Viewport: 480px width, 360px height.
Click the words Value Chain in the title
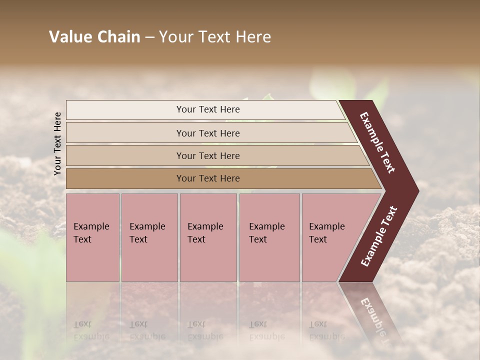pos(94,37)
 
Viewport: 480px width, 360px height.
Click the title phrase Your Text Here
pos(215,37)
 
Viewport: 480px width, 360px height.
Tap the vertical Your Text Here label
pos(58,143)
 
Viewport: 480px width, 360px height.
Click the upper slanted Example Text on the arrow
pos(378,143)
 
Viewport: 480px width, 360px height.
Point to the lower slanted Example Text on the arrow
pos(378,236)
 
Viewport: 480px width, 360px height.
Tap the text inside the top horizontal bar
pos(208,109)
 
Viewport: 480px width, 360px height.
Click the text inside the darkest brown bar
pos(208,178)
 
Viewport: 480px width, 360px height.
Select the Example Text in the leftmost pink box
pos(91,232)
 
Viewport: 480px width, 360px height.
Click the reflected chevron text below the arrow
pos(375,320)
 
